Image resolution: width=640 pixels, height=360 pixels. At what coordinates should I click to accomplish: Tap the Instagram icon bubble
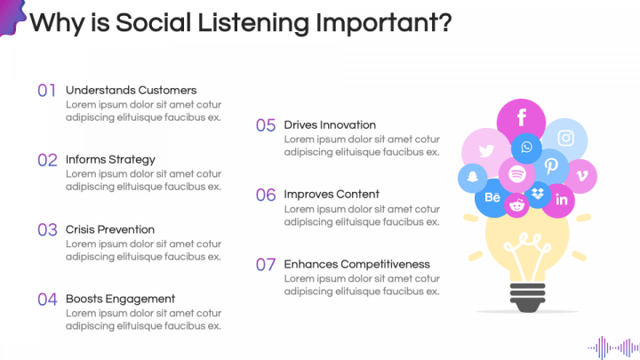click(x=566, y=138)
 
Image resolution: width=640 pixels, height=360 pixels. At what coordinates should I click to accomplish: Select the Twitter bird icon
click(x=485, y=151)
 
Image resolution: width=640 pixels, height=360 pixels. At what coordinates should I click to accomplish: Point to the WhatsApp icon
click(x=526, y=148)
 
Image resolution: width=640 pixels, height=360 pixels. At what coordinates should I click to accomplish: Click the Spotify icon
click(x=516, y=174)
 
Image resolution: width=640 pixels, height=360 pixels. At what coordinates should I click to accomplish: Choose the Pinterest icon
click(x=551, y=166)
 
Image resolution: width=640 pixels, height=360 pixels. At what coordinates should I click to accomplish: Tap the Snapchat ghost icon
click(x=472, y=178)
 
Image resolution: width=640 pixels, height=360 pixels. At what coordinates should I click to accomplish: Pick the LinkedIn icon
click(x=561, y=200)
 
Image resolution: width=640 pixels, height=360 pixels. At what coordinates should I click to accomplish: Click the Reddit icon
click(x=516, y=205)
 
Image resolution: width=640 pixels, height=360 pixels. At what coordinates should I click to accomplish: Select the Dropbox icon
click(x=538, y=194)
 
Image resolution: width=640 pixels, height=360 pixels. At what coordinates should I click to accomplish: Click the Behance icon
click(x=492, y=197)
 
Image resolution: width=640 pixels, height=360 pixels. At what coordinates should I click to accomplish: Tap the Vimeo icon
click(x=581, y=175)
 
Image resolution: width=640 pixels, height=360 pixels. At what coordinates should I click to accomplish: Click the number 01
click(x=47, y=90)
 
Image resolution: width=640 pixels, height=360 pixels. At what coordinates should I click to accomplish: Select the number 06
click(x=266, y=195)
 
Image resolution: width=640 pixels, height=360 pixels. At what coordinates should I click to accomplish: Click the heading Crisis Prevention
click(x=110, y=229)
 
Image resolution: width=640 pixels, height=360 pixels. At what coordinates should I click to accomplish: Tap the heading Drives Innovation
click(x=330, y=124)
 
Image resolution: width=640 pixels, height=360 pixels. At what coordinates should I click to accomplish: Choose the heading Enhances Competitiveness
click(x=356, y=264)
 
